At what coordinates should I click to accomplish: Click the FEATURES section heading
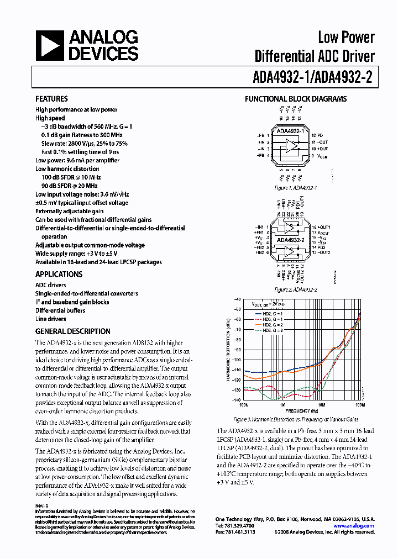[51, 99]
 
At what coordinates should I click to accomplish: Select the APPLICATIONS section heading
[59, 274]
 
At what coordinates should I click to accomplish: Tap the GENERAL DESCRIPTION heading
[72, 331]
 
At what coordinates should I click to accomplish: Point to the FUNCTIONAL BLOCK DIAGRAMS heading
[296, 99]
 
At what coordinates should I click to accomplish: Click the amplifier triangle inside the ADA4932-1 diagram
[290, 146]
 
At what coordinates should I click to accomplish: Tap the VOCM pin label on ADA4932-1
[319, 156]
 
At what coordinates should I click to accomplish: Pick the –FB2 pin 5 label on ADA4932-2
[260, 247]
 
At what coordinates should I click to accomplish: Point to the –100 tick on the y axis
[236, 360]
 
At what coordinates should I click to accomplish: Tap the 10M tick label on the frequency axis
[320, 404]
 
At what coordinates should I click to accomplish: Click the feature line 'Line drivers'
[51, 319]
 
